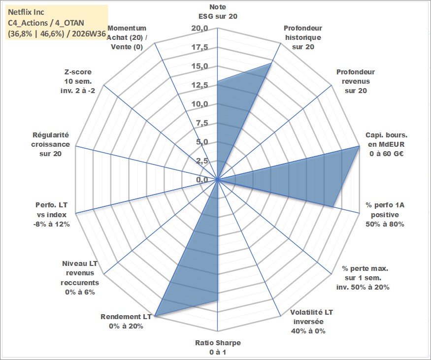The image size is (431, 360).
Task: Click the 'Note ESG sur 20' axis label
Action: tap(218, 11)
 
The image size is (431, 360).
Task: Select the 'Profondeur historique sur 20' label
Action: tap(303, 37)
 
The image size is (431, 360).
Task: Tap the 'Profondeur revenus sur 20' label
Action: tap(356, 81)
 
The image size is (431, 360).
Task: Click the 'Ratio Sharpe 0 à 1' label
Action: tap(218, 347)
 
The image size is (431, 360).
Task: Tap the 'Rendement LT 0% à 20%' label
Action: tap(126, 321)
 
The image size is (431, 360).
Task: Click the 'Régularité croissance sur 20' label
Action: tap(51, 144)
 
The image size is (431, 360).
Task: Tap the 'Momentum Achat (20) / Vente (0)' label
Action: tap(127, 37)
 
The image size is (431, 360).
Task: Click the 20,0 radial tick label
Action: tap(200, 28)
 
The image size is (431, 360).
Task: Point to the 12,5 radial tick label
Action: tap(200, 85)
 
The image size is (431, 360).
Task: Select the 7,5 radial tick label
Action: tap(202, 123)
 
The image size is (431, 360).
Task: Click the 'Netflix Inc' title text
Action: tap(26, 12)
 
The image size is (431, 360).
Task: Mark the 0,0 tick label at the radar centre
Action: tap(202, 180)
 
